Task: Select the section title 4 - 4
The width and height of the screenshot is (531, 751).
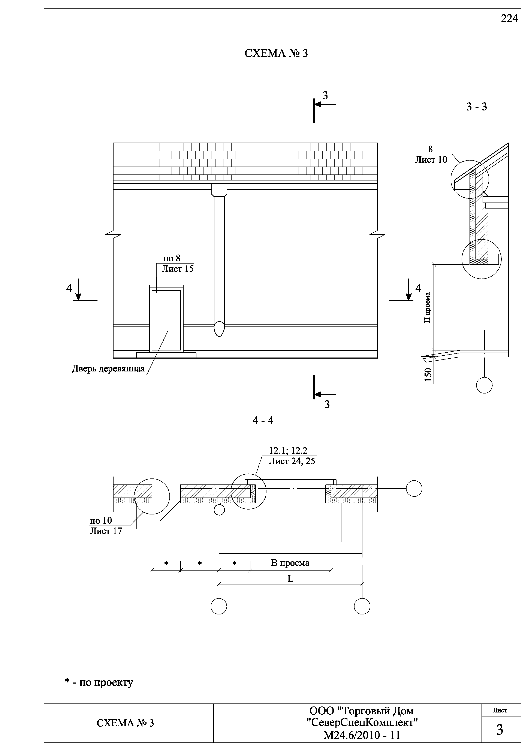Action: pyautogui.click(x=263, y=421)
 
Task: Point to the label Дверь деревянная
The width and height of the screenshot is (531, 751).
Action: pyautogui.click(x=108, y=369)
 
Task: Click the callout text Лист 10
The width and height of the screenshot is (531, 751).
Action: pyautogui.click(x=431, y=160)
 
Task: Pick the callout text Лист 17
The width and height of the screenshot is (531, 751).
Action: pyautogui.click(x=106, y=531)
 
